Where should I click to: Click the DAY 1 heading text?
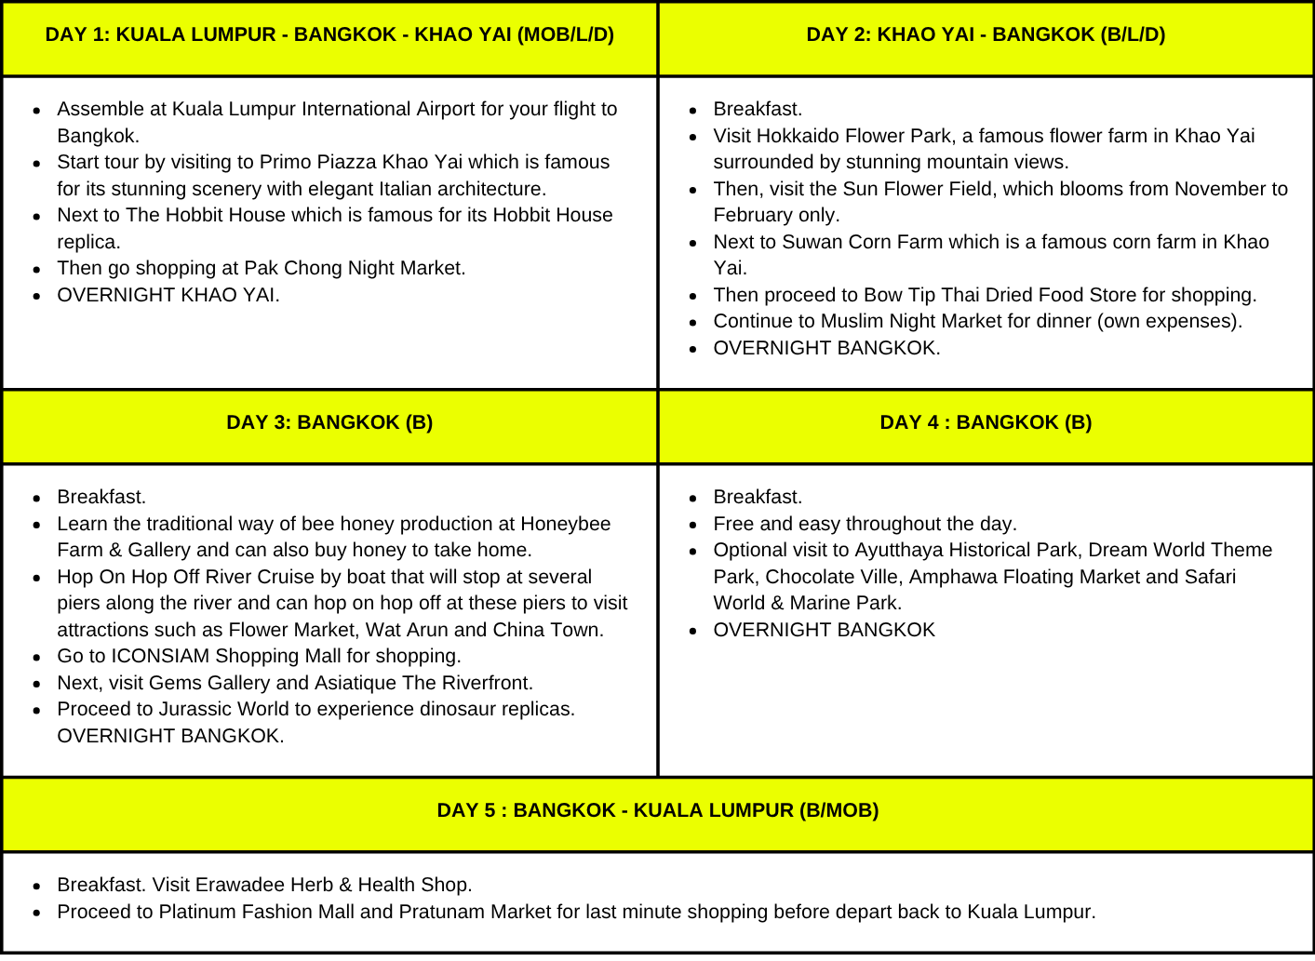pos(329,35)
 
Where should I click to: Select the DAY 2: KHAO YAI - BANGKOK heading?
pos(986,35)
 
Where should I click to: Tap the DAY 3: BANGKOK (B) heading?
pos(329,423)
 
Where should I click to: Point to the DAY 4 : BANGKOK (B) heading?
pos(986,423)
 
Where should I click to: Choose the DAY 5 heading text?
pos(658,811)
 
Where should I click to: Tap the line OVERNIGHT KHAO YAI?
pos(168,296)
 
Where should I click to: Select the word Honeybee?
pos(565,525)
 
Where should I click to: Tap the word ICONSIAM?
pos(160,657)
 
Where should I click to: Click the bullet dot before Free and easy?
pos(693,526)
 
